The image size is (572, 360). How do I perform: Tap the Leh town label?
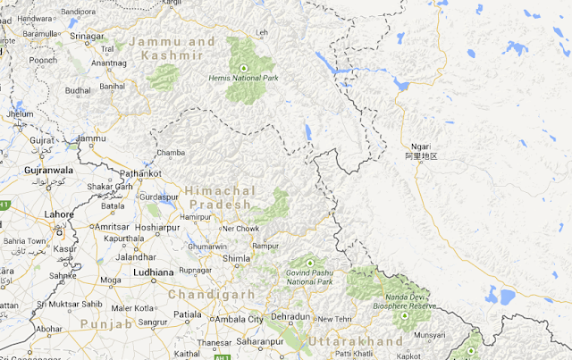tap(262, 33)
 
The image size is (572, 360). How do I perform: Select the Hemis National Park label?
tap(243, 79)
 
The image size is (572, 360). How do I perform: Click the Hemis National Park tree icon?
tap(243, 67)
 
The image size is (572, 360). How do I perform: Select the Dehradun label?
tap(291, 317)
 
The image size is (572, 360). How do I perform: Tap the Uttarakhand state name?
tap(356, 342)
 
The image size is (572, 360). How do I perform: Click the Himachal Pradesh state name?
tap(220, 197)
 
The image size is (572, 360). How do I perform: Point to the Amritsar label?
tap(112, 227)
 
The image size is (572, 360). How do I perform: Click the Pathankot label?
tap(141, 172)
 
